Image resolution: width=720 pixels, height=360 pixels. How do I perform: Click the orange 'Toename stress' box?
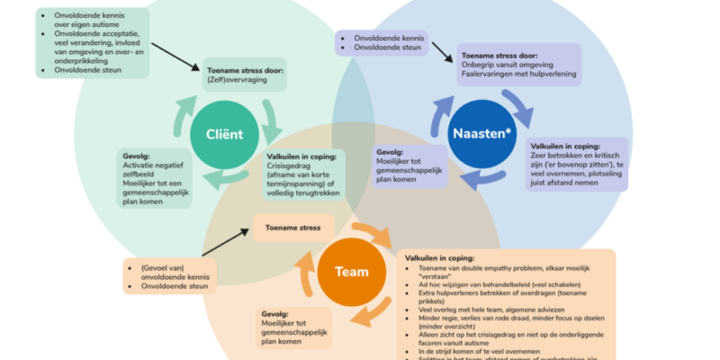pos(293,228)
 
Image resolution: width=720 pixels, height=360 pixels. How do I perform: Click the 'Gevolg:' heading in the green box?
pos(136,154)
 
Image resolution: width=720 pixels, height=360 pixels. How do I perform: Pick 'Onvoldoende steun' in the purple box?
pos(387,49)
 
